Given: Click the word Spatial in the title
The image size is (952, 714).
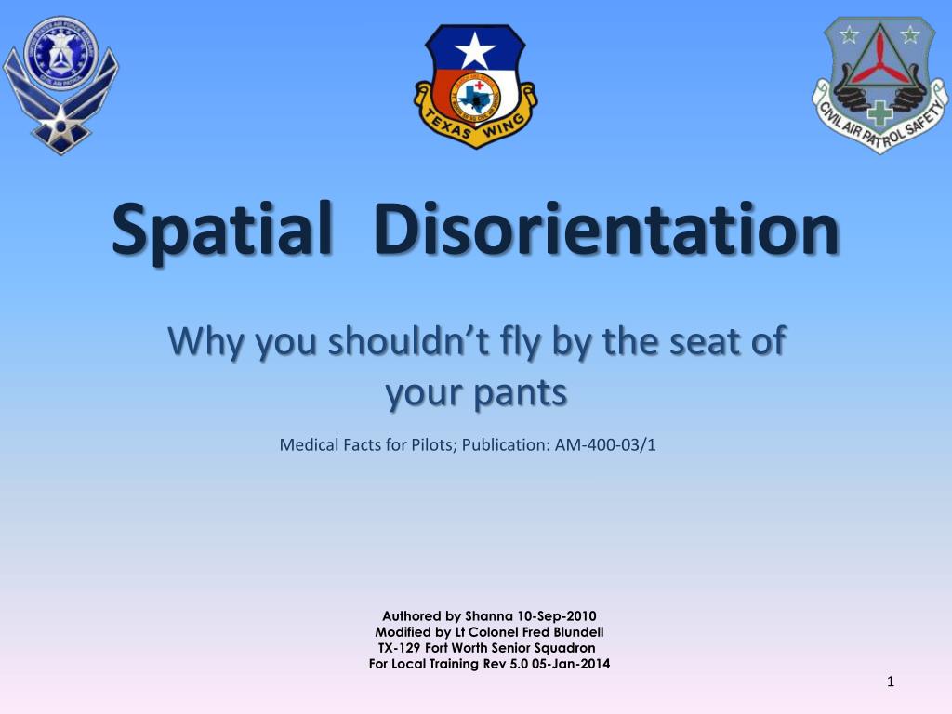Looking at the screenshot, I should click(x=220, y=228).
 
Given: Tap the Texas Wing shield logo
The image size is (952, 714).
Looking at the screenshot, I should click(x=475, y=86).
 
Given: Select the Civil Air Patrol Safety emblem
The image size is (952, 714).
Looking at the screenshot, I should click(x=879, y=84).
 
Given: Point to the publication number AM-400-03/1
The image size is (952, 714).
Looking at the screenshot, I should click(x=605, y=444).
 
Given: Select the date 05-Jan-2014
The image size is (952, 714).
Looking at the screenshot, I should click(x=573, y=664).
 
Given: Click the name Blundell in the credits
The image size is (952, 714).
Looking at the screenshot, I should click(x=575, y=631).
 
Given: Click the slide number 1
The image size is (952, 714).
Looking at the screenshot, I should click(x=891, y=683).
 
